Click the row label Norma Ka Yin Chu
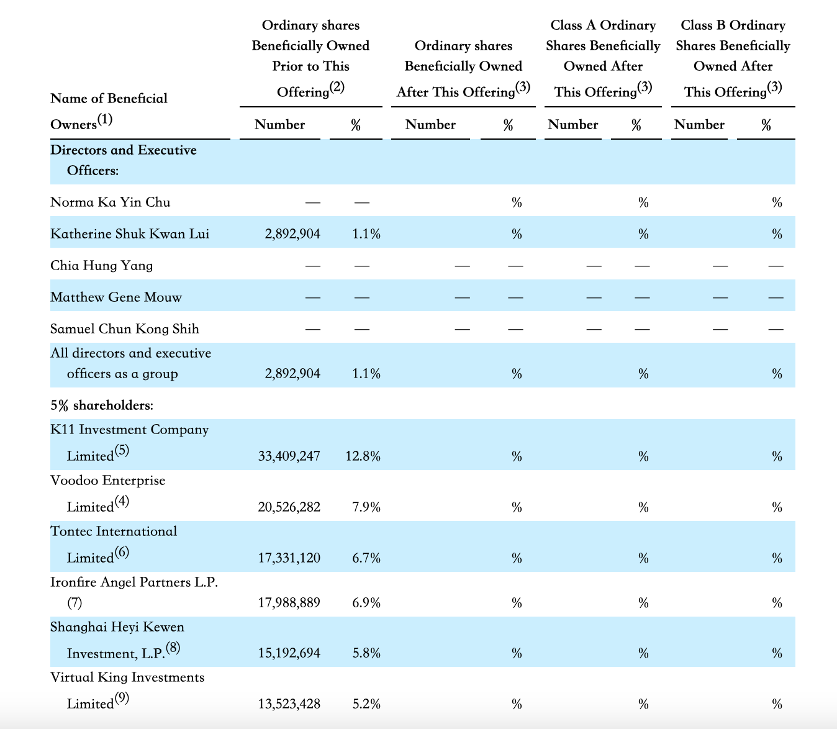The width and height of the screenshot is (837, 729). tap(110, 202)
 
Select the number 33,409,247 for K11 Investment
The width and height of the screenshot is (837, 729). tap(289, 456)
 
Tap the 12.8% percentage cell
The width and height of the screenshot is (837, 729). tap(363, 456)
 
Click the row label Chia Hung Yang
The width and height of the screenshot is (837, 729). tap(101, 266)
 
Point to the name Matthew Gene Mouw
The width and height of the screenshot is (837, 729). tap(115, 297)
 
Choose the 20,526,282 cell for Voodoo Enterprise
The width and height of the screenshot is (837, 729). tap(289, 507)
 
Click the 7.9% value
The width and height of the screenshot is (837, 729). tap(366, 507)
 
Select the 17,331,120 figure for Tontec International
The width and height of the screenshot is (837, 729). tap(289, 558)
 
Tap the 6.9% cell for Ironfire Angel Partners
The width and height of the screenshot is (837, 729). tap(366, 602)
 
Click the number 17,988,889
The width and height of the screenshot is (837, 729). tap(289, 602)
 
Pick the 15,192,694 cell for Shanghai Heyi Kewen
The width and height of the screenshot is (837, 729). tap(289, 653)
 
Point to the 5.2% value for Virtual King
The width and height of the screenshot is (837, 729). tap(366, 704)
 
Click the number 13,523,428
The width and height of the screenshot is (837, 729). tap(289, 704)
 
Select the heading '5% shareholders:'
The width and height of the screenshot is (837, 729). tap(102, 405)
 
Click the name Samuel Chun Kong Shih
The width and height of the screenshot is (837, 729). tap(125, 329)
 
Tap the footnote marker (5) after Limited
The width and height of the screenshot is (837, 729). tap(122, 450)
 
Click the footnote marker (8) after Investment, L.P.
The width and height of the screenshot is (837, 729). tap(173, 648)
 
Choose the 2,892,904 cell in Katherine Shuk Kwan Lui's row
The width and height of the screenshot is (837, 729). tap(292, 233)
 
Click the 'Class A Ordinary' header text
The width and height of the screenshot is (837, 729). tap(603, 25)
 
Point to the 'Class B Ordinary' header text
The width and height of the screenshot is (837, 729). tap(733, 25)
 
